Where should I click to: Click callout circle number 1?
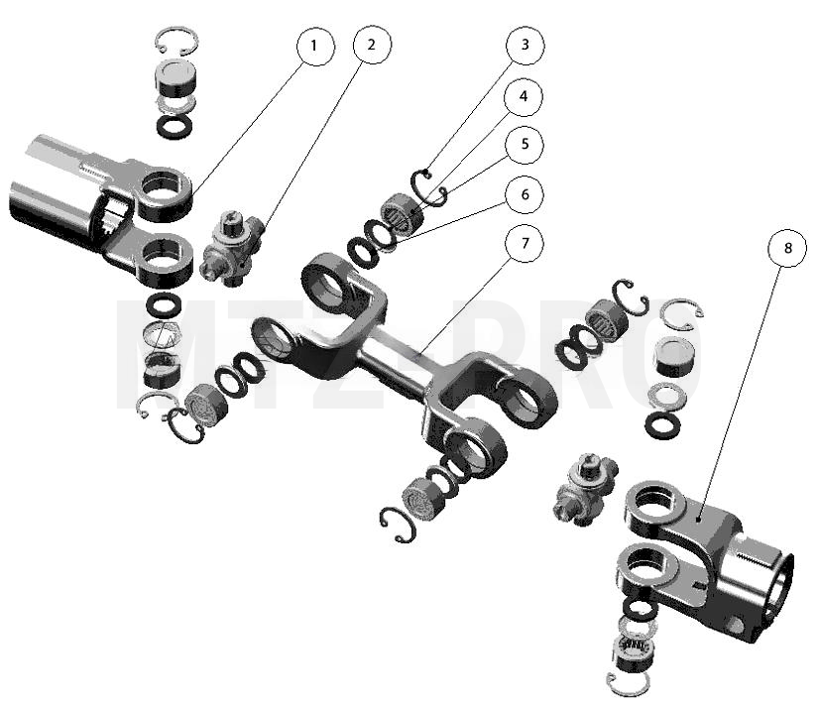click(315, 47)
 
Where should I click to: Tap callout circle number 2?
click(372, 45)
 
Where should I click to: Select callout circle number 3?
click(525, 46)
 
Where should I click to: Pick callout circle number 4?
click(524, 96)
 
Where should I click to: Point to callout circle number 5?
click(525, 145)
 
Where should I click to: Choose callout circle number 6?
click(525, 194)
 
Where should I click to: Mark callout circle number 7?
click(525, 244)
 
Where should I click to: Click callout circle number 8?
click(787, 248)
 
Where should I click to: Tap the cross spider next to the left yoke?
click(231, 248)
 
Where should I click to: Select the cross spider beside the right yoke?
click(585, 489)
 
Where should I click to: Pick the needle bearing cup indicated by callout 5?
click(403, 214)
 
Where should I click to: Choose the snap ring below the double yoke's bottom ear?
click(398, 525)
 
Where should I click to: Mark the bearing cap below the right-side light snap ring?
click(674, 354)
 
